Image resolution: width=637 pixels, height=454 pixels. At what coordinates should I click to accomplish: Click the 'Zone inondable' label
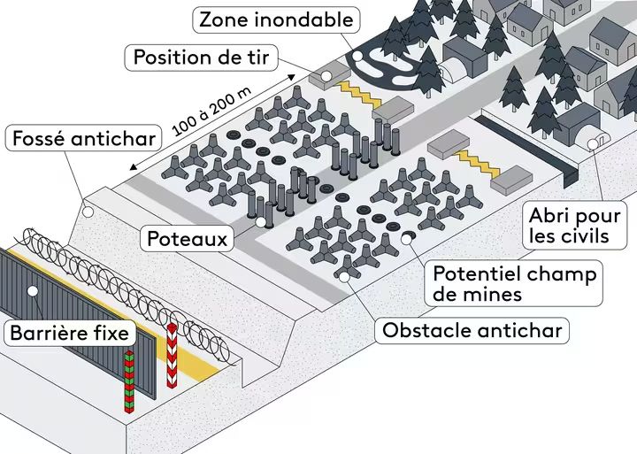275,19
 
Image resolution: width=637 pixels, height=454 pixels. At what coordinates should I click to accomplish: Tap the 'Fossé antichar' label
84,139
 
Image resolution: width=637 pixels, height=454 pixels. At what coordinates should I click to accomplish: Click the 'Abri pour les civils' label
569,226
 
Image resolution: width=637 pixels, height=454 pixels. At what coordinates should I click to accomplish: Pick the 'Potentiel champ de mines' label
512,282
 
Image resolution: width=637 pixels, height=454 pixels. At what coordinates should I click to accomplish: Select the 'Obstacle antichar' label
473,331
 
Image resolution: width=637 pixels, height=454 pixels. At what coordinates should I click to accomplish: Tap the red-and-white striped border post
172,359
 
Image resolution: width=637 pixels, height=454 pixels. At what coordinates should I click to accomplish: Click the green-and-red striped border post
128,381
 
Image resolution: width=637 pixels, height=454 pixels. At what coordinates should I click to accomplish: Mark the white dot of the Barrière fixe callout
33,290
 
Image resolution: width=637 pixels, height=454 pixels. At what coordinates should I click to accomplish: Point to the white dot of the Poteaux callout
260,222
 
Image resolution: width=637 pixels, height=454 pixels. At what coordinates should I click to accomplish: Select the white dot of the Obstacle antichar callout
343,276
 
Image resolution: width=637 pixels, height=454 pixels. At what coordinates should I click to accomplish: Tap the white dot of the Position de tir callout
326,77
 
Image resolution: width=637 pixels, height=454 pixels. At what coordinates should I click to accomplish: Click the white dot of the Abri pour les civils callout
592,143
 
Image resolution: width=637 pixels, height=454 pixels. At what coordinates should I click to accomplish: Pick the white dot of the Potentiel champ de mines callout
407,237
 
